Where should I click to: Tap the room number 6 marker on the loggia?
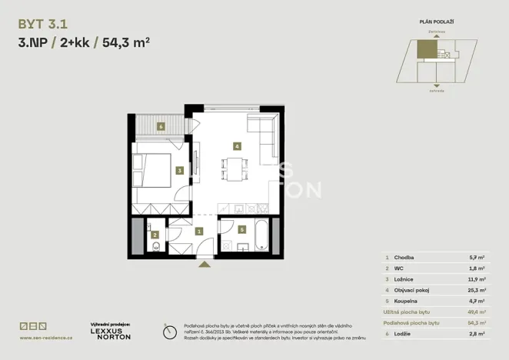(161, 126)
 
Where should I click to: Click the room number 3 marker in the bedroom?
(178, 171)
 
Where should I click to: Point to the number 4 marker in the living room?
(238, 145)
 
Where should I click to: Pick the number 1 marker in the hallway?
(199, 231)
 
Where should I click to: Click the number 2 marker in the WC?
(155, 235)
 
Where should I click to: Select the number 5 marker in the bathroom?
(241, 229)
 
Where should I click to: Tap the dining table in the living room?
(235, 168)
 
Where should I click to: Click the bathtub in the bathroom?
(261, 234)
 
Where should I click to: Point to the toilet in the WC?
(155, 247)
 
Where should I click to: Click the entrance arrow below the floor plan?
(205, 264)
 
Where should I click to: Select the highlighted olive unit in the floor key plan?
(425, 51)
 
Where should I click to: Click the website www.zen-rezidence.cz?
(46, 338)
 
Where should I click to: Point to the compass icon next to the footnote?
(170, 332)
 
